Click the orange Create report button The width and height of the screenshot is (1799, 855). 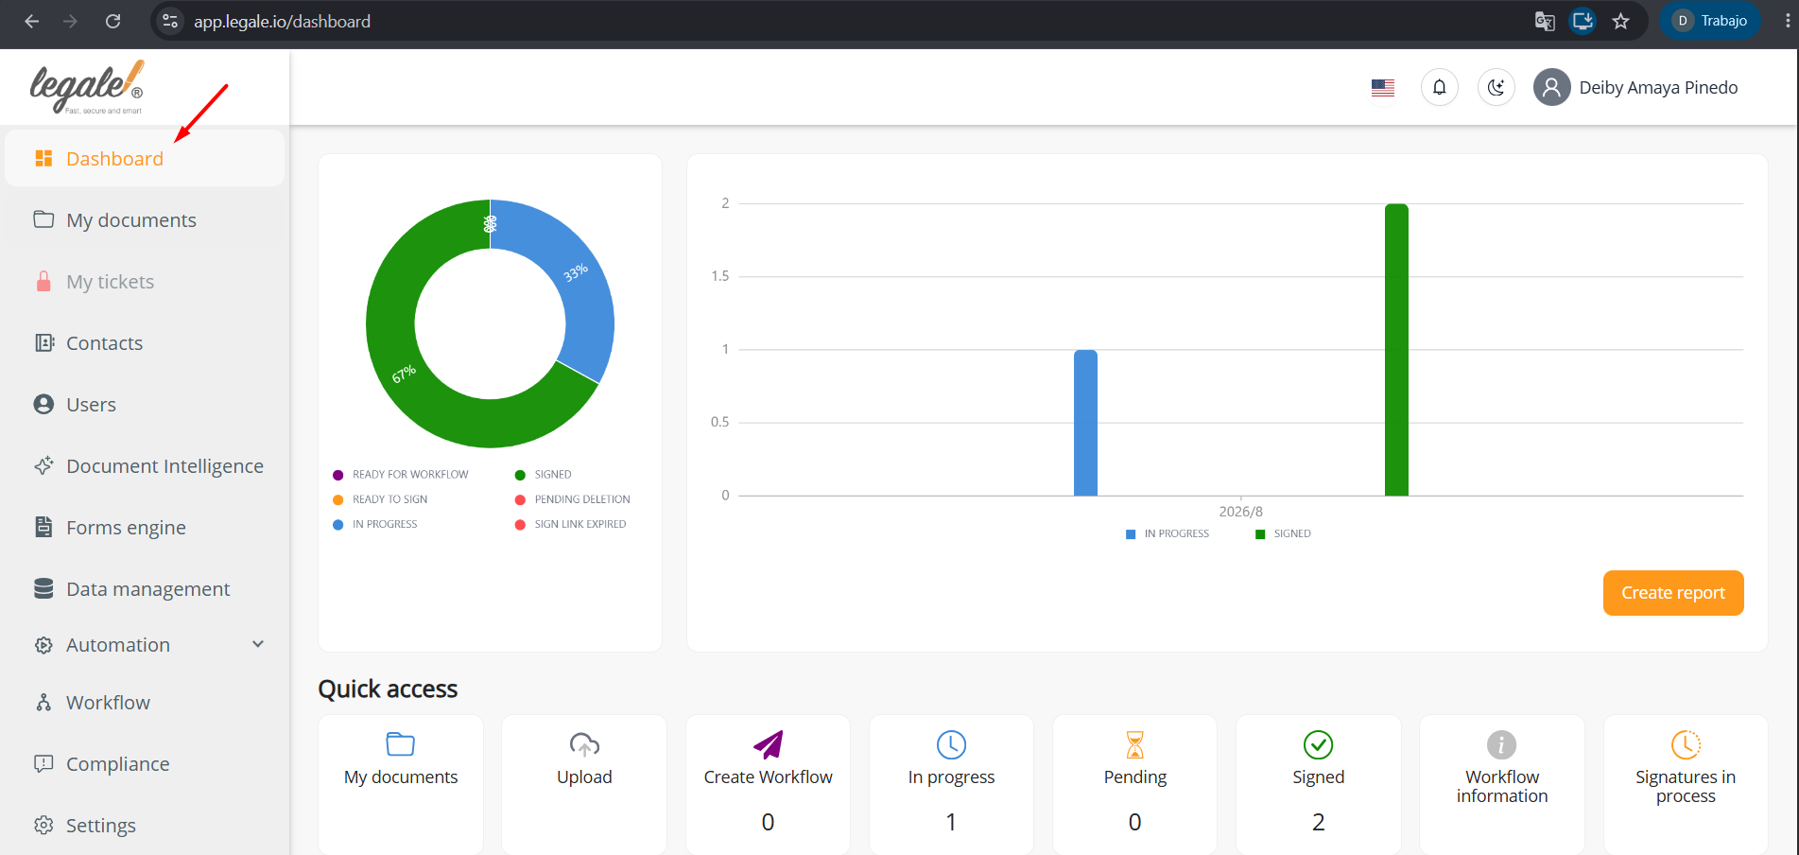pos(1673,593)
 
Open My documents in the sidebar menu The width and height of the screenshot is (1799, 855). pos(131,220)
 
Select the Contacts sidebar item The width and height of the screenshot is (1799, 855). pos(104,343)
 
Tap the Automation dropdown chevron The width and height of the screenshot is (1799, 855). pos(258,644)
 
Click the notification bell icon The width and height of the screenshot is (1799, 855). pos(1439,88)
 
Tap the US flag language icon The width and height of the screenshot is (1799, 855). pos(1383,88)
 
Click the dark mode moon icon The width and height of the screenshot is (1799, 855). pos(1496,88)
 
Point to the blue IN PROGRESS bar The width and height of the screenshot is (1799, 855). pos(1085,423)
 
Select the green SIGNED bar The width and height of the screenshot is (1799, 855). pos(1396,350)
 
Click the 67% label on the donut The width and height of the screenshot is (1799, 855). pos(404,375)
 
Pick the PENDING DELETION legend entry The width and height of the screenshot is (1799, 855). pos(572,499)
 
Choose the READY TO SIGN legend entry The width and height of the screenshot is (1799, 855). pos(380,499)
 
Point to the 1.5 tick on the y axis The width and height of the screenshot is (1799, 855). pos(720,276)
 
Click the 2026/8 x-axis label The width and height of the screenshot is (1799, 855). pos(1240,512)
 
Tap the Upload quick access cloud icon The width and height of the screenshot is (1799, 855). pos(584,744)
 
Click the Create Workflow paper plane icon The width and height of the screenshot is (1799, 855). pos(768,744)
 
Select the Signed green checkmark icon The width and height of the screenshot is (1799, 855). pos(1318,744)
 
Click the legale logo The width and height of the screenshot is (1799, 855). pos(87,87)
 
